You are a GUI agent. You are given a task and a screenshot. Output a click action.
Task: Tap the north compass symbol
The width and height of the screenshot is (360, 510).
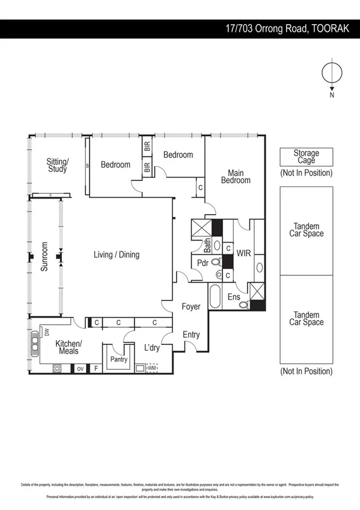(x=331, y=74)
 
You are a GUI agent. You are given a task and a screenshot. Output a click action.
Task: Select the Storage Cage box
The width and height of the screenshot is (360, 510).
(x=306, y=158)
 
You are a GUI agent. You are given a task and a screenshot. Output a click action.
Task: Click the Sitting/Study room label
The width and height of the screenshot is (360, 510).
(x=58, y=165)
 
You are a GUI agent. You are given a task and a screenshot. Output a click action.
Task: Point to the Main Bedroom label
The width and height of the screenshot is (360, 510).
(x=236, y=176)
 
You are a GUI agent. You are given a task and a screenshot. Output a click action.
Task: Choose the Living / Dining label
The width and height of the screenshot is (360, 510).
(x=116, y=254)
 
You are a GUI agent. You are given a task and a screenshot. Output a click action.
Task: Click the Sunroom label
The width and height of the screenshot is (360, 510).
(x=44, y=257)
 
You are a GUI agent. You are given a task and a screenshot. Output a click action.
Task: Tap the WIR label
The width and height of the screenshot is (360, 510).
(x=243, y=254)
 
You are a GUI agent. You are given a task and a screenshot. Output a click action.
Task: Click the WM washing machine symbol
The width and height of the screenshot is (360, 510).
(x=151, y=367)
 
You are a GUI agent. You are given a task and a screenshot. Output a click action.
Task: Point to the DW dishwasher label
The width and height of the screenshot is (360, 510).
(x=46, y=331)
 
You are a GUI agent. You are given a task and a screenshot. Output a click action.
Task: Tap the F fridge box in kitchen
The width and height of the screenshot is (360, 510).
(x=95, y=368)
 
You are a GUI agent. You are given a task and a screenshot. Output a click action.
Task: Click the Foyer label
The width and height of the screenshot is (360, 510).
(x=191, y=307)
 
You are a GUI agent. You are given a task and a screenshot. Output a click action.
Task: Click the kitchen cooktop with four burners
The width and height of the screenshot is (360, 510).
(x=58, y=368)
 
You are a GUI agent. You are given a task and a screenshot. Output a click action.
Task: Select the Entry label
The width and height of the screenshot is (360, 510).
(x=191, y=334)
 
